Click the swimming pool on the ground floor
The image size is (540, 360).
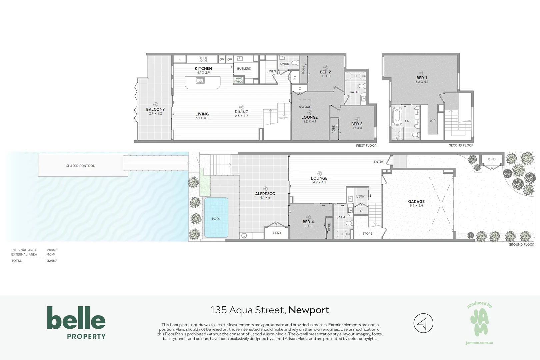(x=216, y=217)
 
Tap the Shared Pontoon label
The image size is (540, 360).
(x=81, y=166)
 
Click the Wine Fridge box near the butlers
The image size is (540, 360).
(x=239, y=80)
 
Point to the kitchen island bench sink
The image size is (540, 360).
(x=200, y=80)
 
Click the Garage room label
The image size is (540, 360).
(x=416, y=201)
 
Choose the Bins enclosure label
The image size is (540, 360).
(x=492, y=159)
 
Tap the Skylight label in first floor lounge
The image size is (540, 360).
(x=304, y=107)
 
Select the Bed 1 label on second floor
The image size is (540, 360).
(x=422, y=78)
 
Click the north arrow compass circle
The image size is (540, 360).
(x=423, y=323)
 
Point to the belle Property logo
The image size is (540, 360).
(x=76, y=322)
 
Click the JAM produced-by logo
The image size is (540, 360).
(x=479, y=323)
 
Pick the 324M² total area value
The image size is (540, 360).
(x=52, y=261)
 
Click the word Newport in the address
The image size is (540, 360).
(x=309, y=310)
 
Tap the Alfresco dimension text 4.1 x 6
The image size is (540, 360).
(x=265, y=198)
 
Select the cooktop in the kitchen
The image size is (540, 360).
(x=203, y=59)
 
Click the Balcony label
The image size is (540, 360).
(x=155, y=109)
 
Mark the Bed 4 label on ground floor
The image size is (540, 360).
(x=308, y=222)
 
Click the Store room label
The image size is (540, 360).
(x=367, y=233)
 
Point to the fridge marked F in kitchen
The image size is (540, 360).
(x=179, y=59)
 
